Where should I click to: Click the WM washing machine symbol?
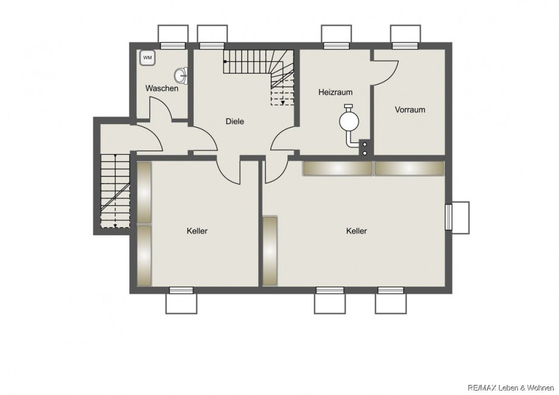147,57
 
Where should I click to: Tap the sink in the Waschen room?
182,75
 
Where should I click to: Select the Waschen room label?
162,88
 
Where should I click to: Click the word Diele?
235,121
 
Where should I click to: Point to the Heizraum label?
335,92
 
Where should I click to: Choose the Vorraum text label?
410,110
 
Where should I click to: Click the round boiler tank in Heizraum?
349,121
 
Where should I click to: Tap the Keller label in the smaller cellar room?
197,231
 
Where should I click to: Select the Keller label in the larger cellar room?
357,231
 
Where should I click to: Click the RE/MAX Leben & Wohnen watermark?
511,388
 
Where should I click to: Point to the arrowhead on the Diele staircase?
283,103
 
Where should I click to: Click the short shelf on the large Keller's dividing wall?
270,251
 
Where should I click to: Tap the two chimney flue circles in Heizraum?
365,149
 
